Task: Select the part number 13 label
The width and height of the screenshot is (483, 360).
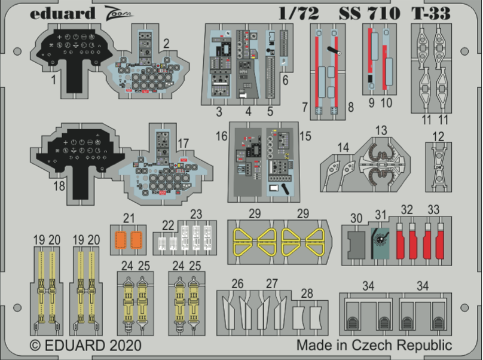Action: pos(381,131)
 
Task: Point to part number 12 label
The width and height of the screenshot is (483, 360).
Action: pos(438,136)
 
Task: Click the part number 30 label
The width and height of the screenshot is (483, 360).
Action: pos(356,218)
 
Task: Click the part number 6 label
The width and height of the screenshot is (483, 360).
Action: pos(285,80)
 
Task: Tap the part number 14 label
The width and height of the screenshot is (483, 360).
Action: pos(343,147)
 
